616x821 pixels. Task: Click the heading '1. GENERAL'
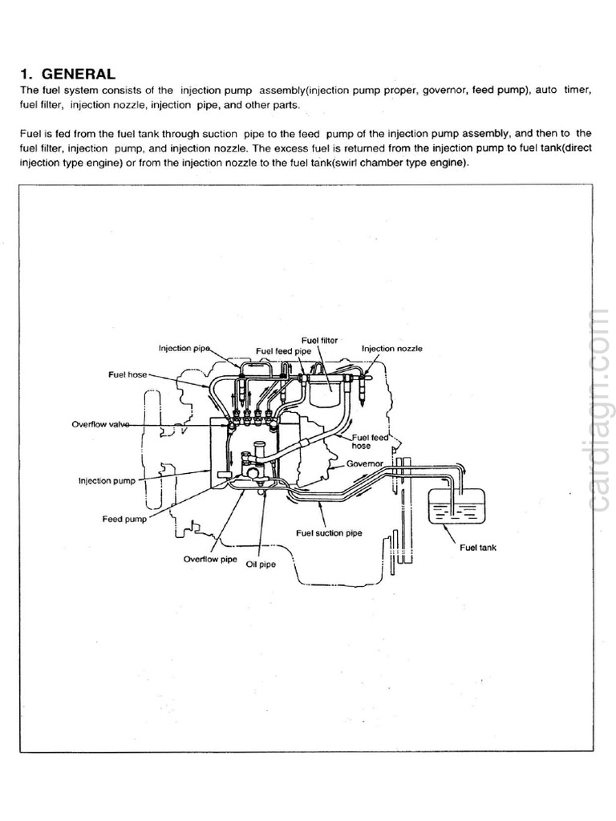pos(67,74)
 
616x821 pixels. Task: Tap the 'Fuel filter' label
pos(319,340)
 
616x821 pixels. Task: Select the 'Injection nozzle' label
pos(391,349)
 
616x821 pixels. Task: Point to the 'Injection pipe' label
pos(184,348)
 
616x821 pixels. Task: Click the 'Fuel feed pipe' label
pos(282,350)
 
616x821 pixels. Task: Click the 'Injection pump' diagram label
pos(106,481)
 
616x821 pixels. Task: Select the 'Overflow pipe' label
pos(210,559)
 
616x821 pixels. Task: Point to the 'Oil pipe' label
pos(260,564)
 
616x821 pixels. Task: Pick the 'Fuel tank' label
pos(478,548)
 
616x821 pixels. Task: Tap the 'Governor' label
pos(367,464)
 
